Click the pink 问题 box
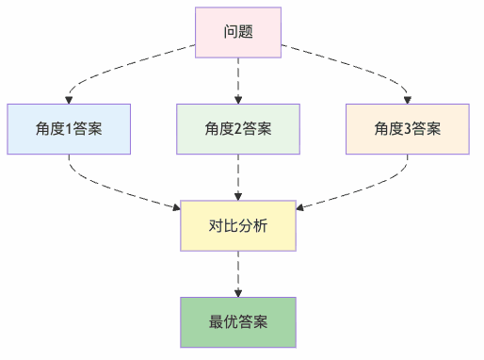[238, 32]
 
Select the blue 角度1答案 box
[68, 129]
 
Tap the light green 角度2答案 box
[238, 129]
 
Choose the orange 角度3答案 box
[408, 129]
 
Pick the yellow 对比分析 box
[238, 226]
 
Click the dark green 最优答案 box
[238, 322]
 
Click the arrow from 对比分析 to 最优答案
[238, 273]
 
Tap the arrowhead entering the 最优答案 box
[238, 293]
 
